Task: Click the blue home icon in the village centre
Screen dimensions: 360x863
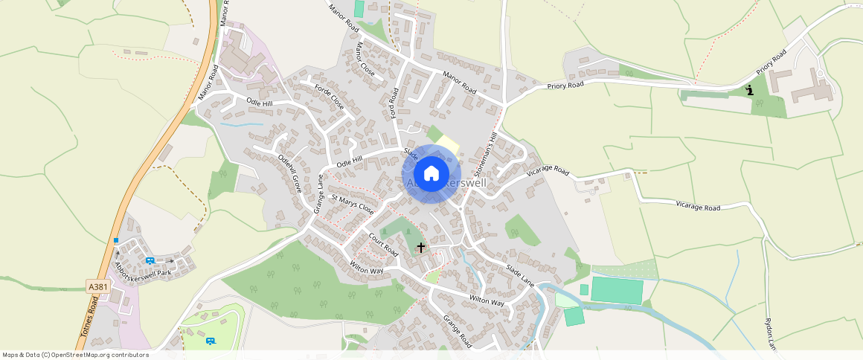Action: point(431,174)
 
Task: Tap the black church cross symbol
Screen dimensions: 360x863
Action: point(421,247)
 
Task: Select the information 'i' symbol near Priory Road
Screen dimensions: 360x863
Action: point(750,90)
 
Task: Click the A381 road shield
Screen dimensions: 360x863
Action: point(97,286)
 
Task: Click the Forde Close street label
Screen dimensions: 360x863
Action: point(330,97)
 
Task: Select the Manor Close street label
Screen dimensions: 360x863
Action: point(365,60)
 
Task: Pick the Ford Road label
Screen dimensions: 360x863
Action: point(395,103)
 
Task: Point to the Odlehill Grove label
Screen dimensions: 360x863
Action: point(289,173)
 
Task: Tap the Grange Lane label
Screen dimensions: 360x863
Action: point(318,193)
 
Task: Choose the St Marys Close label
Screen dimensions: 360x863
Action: point(353,205)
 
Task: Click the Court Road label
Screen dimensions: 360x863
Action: point(384,244)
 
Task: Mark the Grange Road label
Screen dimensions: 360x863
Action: point(458,332)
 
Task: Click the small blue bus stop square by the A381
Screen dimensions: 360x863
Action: point(116,240)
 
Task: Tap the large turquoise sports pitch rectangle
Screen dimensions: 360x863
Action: point(617,290)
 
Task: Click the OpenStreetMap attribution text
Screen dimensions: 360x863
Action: point(75,355)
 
